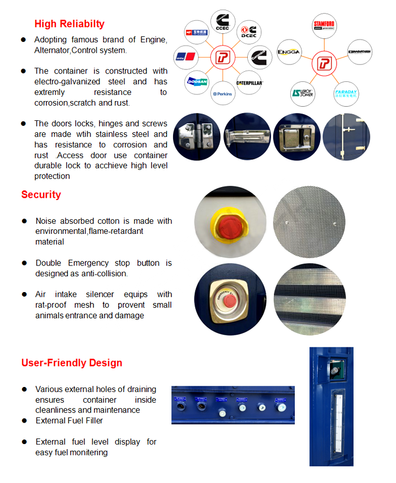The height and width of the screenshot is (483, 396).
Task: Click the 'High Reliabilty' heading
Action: click(69, 24)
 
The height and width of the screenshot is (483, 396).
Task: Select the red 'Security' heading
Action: click(41, 195)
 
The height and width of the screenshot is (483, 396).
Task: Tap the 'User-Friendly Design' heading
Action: click(72, 363)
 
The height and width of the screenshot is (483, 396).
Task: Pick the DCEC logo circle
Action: click(249, 32)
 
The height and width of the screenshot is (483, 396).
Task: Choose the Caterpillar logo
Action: click(250, 82)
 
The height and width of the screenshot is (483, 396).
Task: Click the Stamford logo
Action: click(324, 25)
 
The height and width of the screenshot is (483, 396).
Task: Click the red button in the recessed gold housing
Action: click(229, 301)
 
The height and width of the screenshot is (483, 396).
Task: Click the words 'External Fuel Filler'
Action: click(69, 420)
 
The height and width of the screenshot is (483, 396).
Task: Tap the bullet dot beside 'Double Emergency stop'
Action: click(24, 263)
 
